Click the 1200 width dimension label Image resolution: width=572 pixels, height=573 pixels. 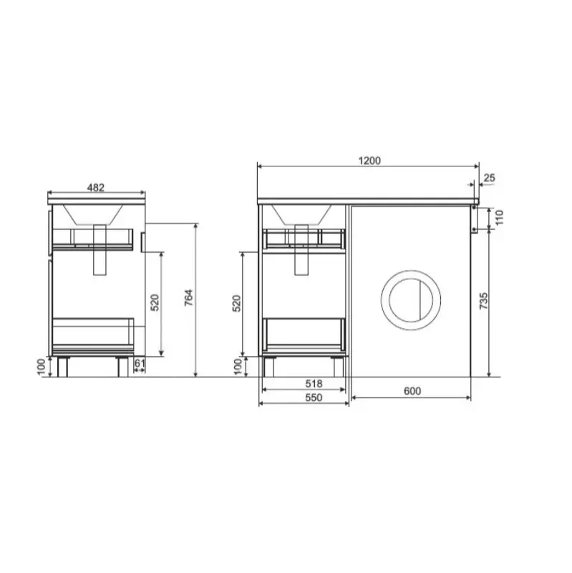pyautogui.click(x=369, y=160)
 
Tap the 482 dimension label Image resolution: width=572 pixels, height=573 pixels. pyautogui.click(x=96, y=188)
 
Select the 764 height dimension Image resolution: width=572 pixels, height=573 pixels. pyautogui.click(x=188, y=298)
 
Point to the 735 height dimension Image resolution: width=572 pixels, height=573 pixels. pyautogui.click(x=483, y=301)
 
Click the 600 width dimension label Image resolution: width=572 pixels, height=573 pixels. pyautogui.click(x=412, y=391)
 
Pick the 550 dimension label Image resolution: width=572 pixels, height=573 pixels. pyautogui.click(x=314, y=398)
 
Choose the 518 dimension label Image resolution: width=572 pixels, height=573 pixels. pyautogui.click(x=314, y=384)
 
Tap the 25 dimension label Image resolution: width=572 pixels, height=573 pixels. pyautogui.click(x=489, y=178)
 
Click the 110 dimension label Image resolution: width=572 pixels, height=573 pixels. pyautogui.click(x=500, y=218)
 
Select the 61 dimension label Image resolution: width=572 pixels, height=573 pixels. pyautogui.click(x=140, y=364)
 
